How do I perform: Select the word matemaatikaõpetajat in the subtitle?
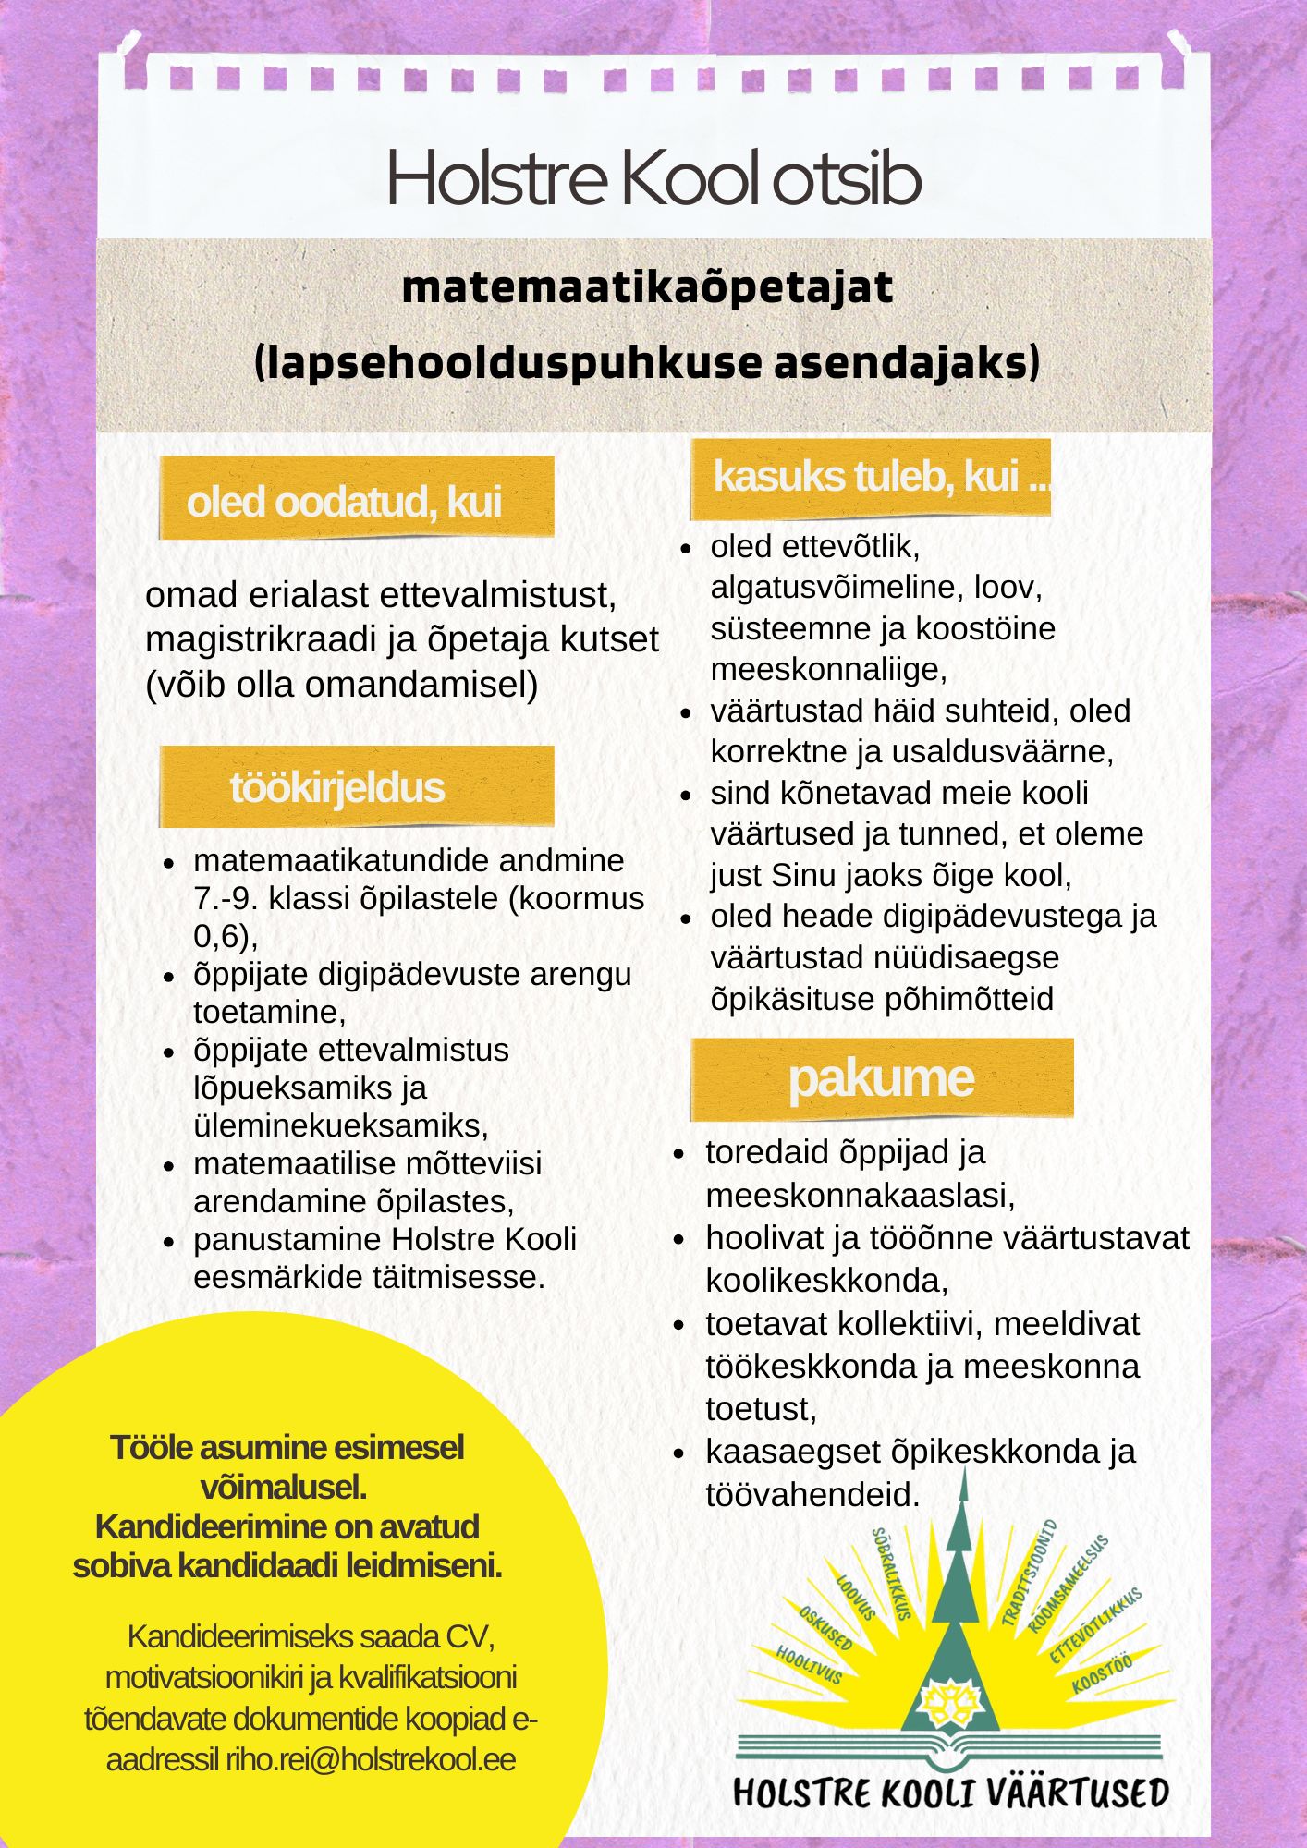click(647, 287)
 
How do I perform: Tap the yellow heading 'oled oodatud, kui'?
click(344, 502)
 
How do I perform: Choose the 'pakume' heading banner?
click(881, 1078)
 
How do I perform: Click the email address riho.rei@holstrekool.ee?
click(371, 1759)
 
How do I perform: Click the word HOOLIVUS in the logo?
click(809, 1663)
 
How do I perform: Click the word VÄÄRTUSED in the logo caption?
click(1075, 1793)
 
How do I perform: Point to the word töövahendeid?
click(812, 1494)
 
